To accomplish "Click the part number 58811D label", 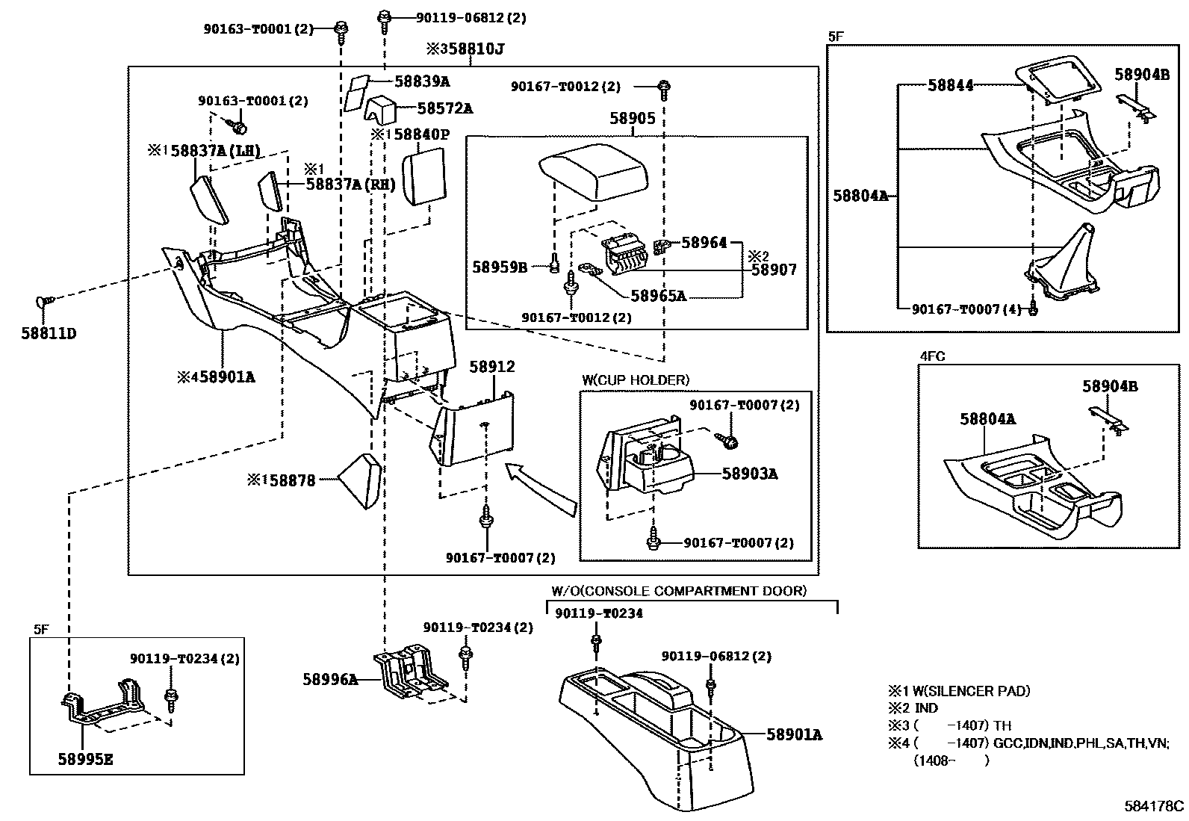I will [x=49, y=333].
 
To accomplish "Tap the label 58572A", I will [x=444, y=108].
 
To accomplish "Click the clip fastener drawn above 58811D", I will [x=44, y=301].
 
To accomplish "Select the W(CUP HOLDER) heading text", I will [x=636, y=380].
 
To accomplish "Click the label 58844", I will [x=951, y=85].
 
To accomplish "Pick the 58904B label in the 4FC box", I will [x=1110, y=386].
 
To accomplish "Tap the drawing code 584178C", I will [x=1154, y=806].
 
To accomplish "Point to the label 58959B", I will [x=500, y=266].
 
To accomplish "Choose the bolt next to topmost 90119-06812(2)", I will [x=385, y=19].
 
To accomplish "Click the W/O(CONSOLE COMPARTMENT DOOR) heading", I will [x=679, y=591].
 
